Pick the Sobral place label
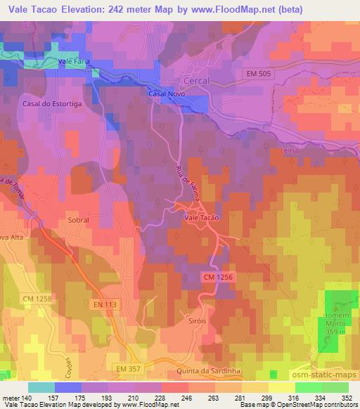79,220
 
